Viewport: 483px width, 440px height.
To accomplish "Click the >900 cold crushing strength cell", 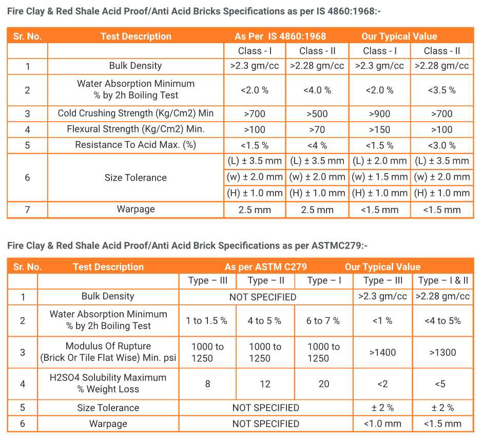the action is (379, 114).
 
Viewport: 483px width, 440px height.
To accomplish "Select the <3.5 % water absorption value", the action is (442, 90).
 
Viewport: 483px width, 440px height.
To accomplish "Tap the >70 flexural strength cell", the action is (317, 130).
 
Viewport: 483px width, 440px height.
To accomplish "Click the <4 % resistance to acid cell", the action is (317, 145).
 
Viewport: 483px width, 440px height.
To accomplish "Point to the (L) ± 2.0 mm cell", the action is (379, 161).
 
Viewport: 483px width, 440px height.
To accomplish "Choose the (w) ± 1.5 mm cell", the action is (379, 177).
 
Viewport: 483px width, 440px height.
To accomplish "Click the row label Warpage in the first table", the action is (136, 209).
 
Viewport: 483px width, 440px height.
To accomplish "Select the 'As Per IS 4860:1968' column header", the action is (280, 36).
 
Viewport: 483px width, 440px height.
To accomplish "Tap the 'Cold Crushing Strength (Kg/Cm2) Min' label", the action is (136, 113).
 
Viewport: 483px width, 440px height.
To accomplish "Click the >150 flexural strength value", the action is (379, 130).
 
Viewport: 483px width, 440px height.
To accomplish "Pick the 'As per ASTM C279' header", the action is (265, 267).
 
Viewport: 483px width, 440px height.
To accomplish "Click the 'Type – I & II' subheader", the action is (443, 280).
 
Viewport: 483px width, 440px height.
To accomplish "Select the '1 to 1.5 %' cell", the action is (206, 321).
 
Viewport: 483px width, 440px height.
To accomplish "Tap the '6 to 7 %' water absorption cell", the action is (323, 321).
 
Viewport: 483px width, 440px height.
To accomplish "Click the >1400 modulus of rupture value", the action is (382, 353).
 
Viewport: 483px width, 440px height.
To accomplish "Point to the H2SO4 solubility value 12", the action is (265, 384).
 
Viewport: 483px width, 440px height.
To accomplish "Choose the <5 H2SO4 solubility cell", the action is (440, 384).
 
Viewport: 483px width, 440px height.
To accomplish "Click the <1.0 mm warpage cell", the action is (382, 424).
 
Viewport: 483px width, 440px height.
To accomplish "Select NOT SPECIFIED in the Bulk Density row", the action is (263, 297).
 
